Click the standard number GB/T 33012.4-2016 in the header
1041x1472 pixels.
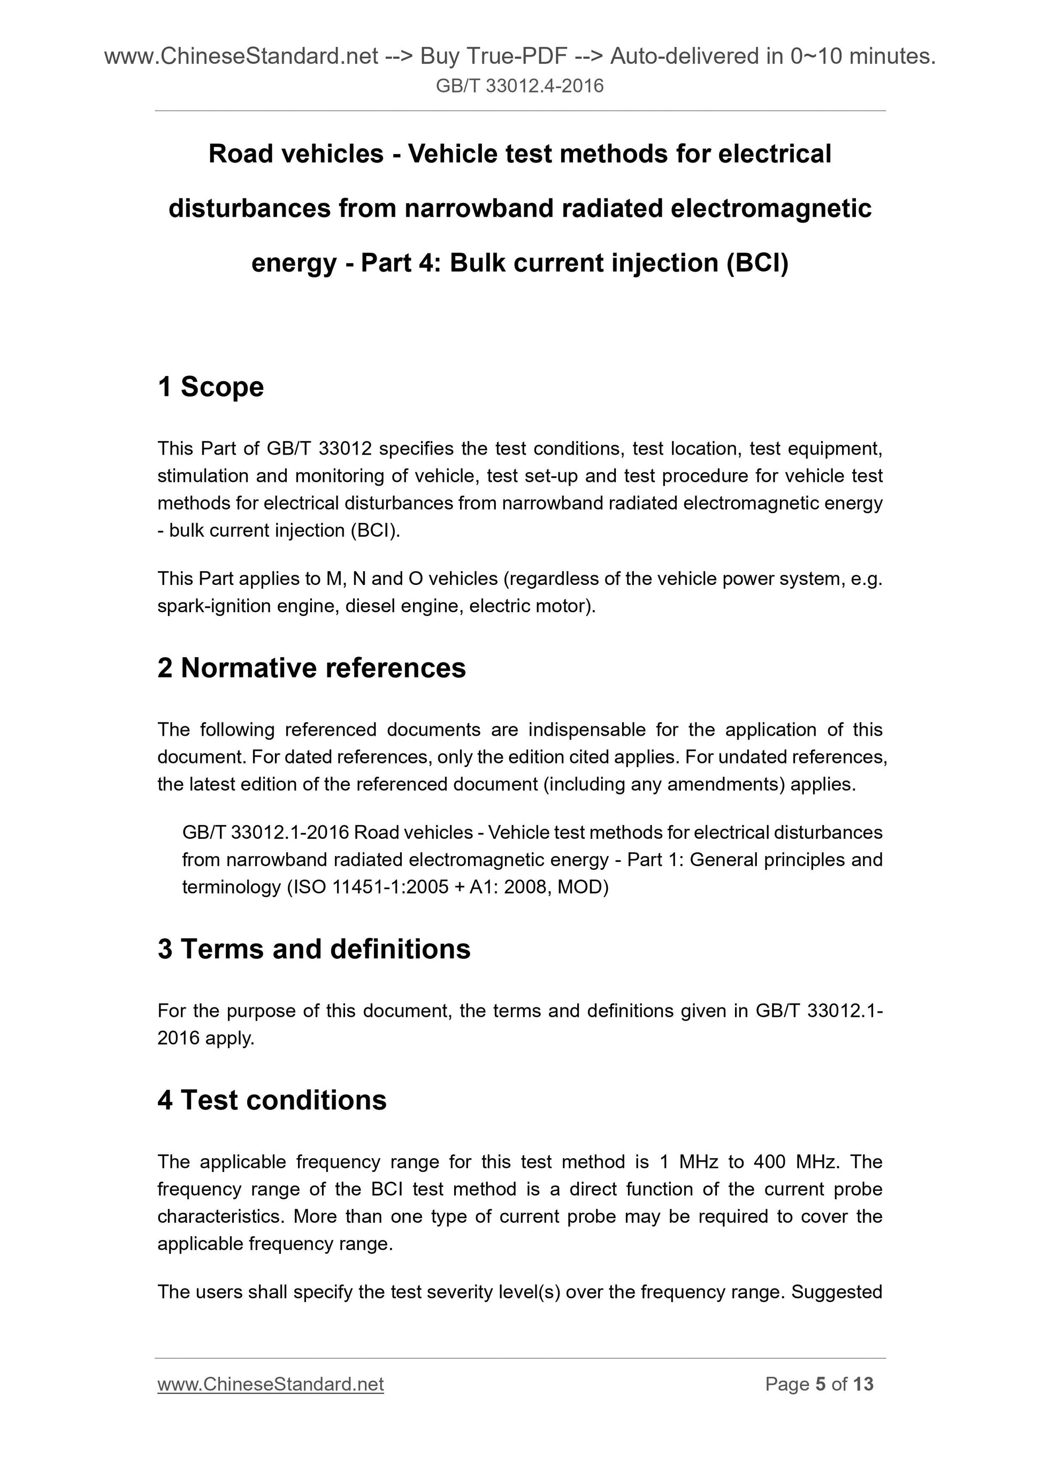click(x=519, y=86)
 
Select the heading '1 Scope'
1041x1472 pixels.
click(x=210, y=387)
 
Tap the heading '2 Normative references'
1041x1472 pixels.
click(x=311, y=668)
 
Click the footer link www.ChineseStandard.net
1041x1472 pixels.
click(x=271, y=1384)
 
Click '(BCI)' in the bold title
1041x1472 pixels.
click(x=757, y=264)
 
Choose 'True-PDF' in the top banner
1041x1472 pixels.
click(x=517, y=57)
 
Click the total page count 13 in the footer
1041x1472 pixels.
click(x=863, y=1384)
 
